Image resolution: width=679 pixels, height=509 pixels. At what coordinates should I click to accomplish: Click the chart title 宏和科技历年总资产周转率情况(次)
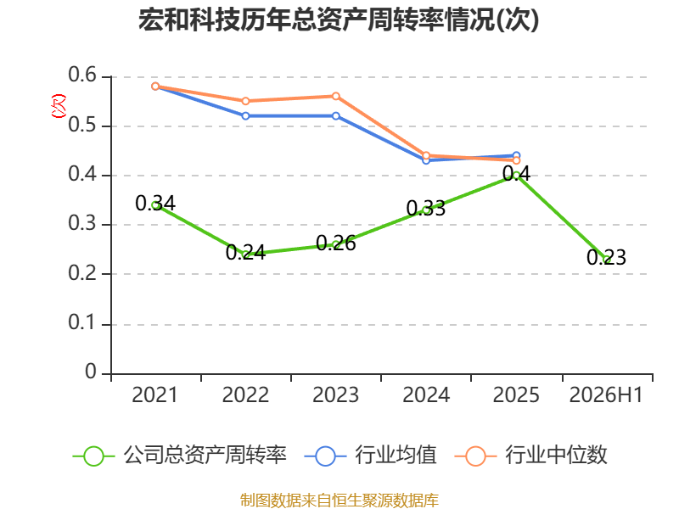339,20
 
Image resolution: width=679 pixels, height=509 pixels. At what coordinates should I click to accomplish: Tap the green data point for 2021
155,205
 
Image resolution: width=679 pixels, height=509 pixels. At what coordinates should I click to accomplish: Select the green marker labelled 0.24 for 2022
245,254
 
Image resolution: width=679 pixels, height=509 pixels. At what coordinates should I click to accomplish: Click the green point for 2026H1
606,260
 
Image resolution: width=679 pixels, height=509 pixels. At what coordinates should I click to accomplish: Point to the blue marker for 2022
245,116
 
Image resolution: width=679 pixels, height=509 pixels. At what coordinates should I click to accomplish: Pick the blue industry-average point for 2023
336,116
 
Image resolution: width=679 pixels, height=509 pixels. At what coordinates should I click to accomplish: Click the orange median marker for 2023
336,96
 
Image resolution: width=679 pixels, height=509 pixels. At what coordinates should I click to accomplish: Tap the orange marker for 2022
245,101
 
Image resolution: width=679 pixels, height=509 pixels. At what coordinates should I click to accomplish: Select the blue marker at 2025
516,155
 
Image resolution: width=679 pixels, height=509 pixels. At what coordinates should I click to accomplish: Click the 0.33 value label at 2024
426,209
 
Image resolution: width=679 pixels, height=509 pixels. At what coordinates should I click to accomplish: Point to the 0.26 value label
336,243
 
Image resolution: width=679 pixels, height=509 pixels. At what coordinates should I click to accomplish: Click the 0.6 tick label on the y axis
82,75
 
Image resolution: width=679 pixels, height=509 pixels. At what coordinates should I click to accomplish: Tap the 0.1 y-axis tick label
82,322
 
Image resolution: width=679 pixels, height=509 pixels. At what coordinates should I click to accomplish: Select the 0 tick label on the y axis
91,372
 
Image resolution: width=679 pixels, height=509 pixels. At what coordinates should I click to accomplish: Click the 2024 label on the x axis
426,394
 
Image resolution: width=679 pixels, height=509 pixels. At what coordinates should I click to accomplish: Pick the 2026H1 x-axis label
606,394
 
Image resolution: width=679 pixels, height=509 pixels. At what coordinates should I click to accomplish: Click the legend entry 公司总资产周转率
180,456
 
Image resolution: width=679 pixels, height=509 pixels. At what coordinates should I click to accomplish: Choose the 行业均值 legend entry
371,456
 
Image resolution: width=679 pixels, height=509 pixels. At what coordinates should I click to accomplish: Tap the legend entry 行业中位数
531,456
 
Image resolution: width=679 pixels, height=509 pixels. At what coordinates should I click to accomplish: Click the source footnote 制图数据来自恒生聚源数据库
339,501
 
